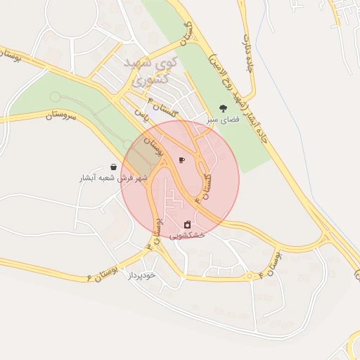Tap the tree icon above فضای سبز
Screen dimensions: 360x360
coord(223,108)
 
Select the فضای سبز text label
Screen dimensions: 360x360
coord(223,120)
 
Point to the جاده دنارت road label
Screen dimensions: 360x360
coord(248,53)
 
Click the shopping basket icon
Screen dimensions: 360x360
coord(113,167)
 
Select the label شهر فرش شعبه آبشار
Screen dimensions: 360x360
coord(105,179)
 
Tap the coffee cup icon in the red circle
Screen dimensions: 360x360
coord(181,160)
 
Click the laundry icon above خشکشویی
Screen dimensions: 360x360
coord(187,224)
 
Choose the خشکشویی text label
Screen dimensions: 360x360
coord(187,236)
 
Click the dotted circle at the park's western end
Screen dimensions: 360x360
coord(54,96)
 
